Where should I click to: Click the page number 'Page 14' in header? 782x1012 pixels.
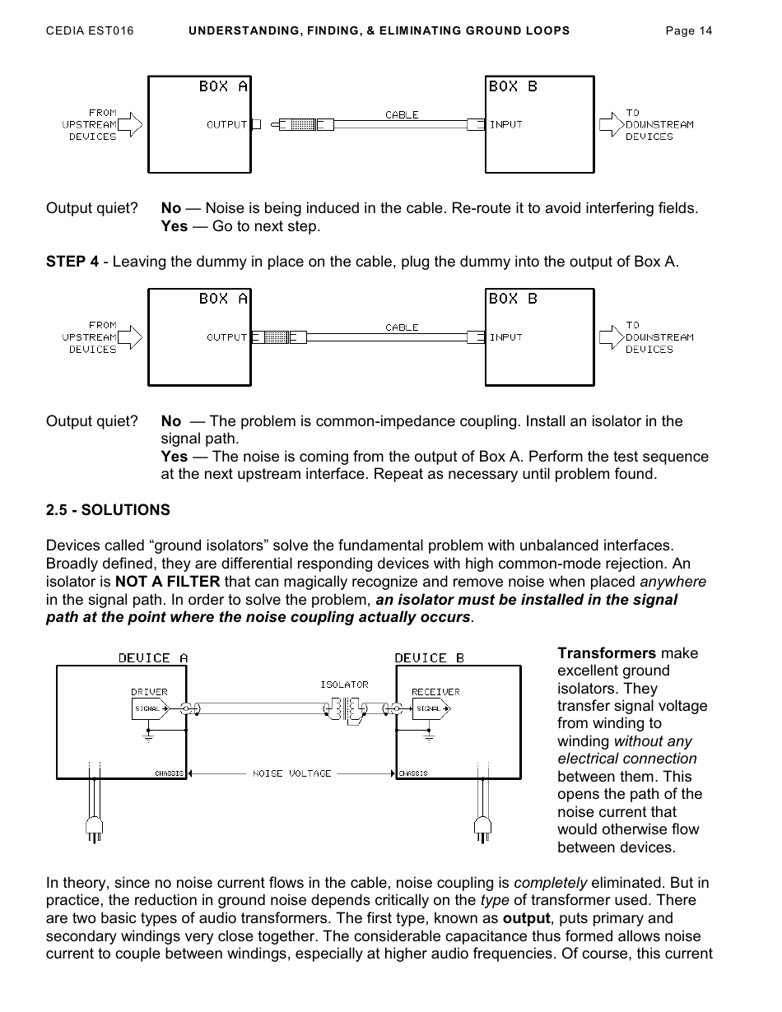coord(688,31)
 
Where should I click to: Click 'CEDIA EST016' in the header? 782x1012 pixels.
coord(90,31)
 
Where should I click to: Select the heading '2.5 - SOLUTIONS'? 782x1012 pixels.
coord(108,510)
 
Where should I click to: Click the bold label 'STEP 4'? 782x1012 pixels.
coord(72,262)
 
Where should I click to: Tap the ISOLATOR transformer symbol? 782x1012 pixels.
coord(344,708)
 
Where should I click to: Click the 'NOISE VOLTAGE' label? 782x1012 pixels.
coord(291,773)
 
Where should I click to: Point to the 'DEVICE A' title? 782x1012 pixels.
coord(153,658)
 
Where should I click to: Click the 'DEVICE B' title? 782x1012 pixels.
coord(429,658)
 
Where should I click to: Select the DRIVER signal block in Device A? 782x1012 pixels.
coord(150,708)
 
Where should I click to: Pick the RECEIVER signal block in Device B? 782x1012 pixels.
coord(431,708)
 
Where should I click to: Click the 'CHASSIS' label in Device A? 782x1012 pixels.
coord(169,773)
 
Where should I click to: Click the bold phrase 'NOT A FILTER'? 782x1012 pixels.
coord(167,582)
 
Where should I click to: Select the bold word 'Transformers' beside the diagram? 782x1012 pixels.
coord(607,653)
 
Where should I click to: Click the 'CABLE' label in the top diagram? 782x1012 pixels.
coord(402,114)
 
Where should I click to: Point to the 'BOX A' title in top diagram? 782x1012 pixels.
coord(223,86)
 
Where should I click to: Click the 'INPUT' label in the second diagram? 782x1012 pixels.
coord(506,337)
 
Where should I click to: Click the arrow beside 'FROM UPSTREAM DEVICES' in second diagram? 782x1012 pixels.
coord(131,337)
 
